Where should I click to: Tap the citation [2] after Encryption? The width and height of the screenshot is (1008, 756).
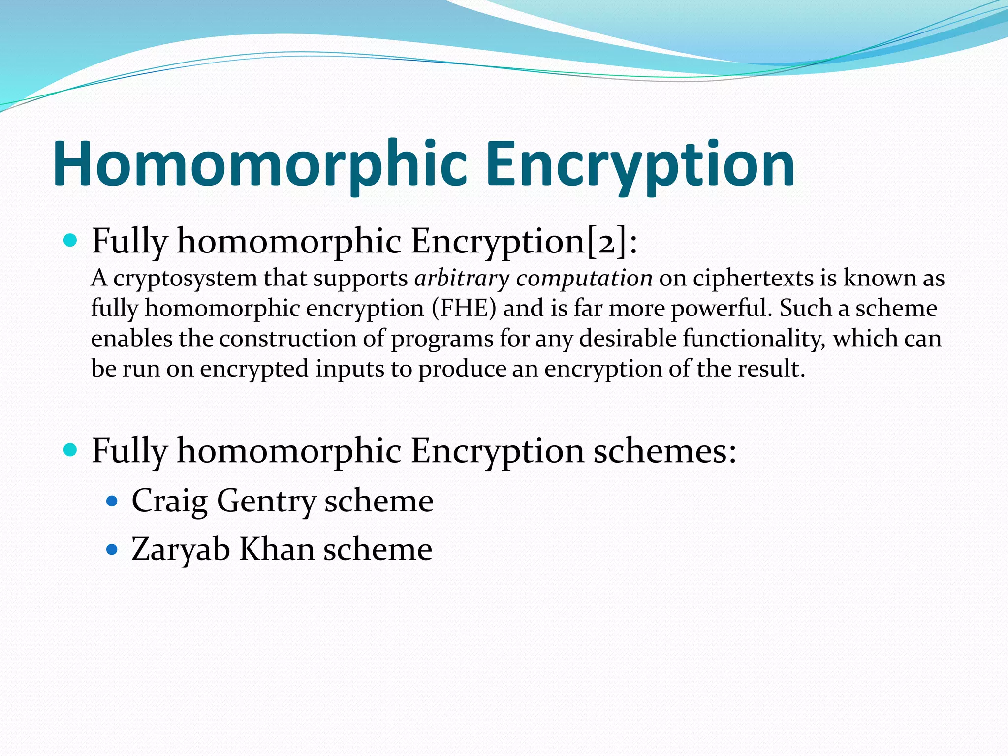click(x=607, y=241)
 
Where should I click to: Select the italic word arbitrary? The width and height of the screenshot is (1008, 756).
click(x=462, y=279)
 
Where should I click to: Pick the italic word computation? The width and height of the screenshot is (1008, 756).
click(x=584, y=279)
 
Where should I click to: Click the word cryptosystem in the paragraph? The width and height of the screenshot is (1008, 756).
click(x=185, y=279)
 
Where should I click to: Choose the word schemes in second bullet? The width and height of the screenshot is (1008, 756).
click(x=664, y=450)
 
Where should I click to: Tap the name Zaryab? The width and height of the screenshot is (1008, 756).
click(x=181, y=549)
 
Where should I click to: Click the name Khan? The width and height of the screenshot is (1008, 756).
click(x=277, y=549)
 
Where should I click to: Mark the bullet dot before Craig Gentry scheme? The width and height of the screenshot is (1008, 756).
click(x=112, y=502)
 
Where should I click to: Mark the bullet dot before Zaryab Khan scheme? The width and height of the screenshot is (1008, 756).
click(x=112, y=549)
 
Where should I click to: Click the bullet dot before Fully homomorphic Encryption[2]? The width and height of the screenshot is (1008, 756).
click(x=71, y=241)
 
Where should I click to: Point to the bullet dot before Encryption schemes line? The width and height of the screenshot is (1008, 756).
click(x=71, y=450)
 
